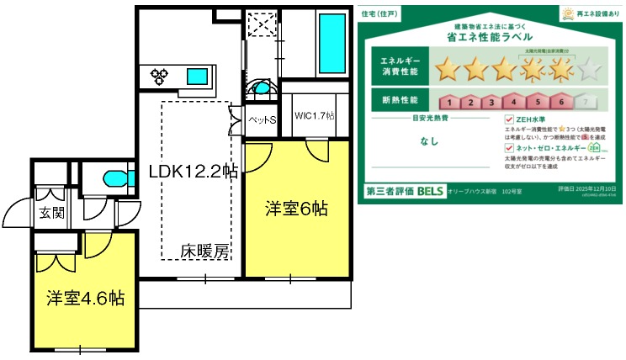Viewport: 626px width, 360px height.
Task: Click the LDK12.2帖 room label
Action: point(193,172)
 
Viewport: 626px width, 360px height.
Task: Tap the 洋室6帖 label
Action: point(297,207)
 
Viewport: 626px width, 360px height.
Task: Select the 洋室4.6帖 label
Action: point(85,298)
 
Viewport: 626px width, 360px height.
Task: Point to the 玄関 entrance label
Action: point(50,213)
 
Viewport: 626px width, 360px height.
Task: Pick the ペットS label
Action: point(263,120)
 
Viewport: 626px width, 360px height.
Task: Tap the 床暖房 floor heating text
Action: point(204,250)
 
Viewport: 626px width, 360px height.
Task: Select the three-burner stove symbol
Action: point(160,77)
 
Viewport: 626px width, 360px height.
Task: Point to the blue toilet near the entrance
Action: point(112,178)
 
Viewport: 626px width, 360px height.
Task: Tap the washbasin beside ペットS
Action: point(263,88)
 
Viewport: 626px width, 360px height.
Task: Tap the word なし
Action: point(429,141)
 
